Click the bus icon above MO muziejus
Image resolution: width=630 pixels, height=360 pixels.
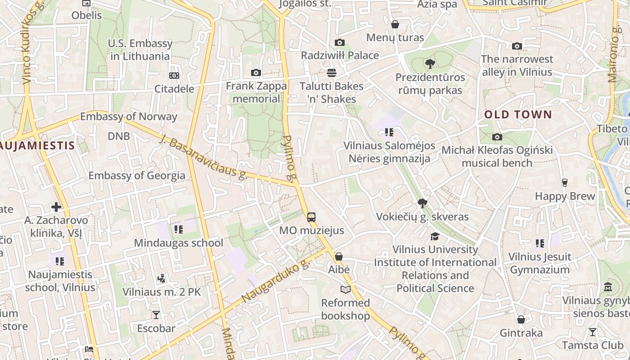(x=311, y=217)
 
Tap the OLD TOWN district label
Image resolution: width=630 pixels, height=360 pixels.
(x=518, y=115)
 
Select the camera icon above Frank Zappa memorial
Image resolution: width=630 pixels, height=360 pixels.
(x=256, y=72)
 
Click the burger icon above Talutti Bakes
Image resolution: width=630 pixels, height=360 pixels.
(x=332, y=72)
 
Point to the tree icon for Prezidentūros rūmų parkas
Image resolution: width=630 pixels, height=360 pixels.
(x=430, y=64)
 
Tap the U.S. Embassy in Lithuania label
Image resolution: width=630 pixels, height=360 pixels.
(x=140, y=50)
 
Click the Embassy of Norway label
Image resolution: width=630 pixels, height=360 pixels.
(x=129, y=117)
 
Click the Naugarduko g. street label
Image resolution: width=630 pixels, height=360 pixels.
(x=276, y=281)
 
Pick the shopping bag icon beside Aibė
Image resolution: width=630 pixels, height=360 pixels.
(x=339, y=256)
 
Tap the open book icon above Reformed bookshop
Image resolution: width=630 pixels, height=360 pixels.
(x=345, y=289)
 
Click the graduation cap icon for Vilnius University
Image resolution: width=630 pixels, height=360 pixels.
(x=435, y=236)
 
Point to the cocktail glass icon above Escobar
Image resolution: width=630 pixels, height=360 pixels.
(x=156, y=315)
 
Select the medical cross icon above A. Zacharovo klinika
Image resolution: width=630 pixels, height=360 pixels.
(x=56, y=207)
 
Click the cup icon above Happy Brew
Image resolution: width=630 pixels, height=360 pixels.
(x=564, y=183)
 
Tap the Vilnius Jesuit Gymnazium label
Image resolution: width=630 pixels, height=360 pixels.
(x=540, y=263)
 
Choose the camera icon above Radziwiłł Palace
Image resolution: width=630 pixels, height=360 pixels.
(x=340, y=42)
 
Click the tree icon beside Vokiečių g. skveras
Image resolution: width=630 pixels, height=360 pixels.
(x=422, y=203)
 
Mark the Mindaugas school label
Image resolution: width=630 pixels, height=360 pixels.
(x=179, y=243)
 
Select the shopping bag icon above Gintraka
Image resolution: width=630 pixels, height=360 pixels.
(x=521, y=319)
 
